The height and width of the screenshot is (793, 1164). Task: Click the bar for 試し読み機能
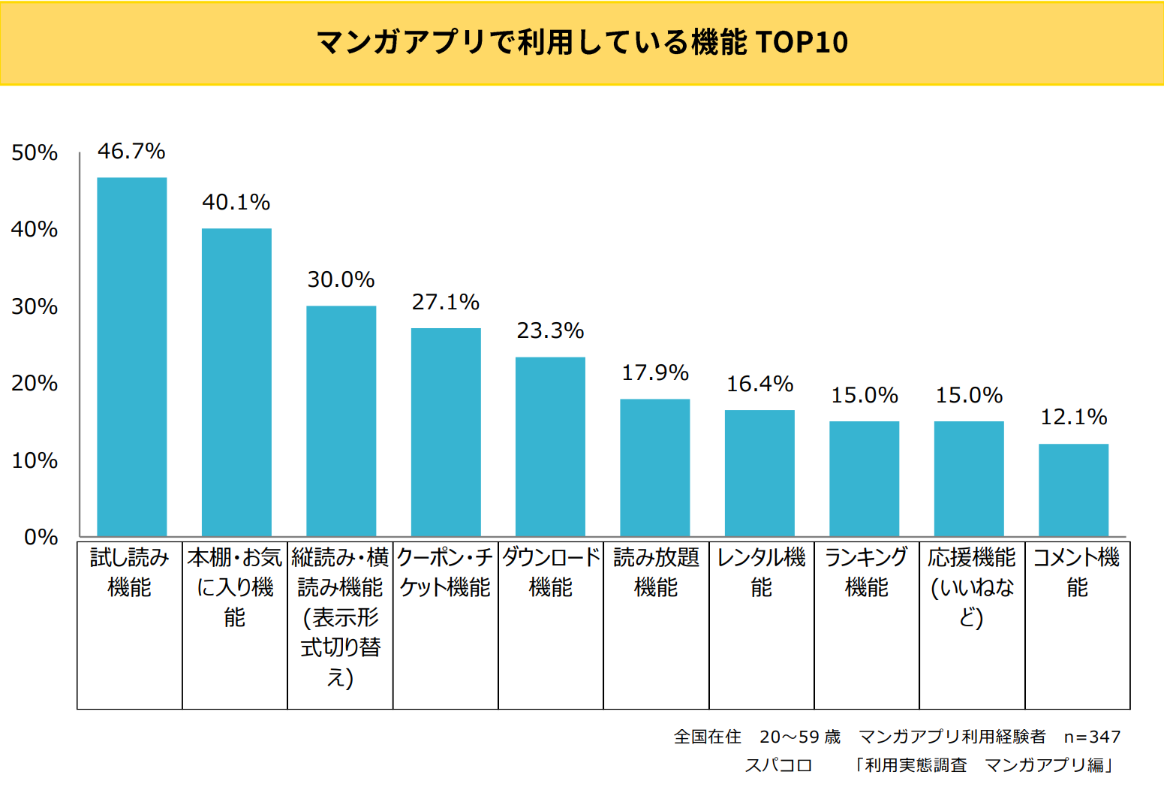pos(132,357)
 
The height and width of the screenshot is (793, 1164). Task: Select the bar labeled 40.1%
pos(236,382)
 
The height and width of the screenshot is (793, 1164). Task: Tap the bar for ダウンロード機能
pos(550,446)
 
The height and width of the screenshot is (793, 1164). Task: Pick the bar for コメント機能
pos(1073,490)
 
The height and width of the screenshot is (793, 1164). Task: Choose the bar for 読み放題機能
pos(654,467)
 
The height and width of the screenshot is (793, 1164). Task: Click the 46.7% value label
pos(131,152)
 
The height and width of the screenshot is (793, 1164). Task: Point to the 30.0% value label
pos(341,280)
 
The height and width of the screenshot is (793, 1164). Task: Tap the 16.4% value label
pos(759,384)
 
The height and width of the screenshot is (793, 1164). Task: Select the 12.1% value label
pos(1073,418)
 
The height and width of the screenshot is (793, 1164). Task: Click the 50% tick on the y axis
pos(35,153)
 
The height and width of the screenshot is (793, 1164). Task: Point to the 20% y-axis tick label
pos(35,384)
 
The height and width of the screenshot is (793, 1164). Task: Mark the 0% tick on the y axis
pos(41,538)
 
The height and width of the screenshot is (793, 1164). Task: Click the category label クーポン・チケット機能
pos(445,572)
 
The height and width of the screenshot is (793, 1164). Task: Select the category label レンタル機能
pos(761,572)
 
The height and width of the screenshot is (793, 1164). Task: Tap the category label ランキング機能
pos(866,572)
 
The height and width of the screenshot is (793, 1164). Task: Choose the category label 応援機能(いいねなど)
pos(972,587)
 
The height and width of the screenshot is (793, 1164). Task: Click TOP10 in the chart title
pos(802,43)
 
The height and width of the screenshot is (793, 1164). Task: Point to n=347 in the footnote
pos(1092,737)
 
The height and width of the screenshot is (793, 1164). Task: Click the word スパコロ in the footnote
pos(778,765)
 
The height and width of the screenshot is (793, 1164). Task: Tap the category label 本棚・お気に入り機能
pos(235,587)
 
